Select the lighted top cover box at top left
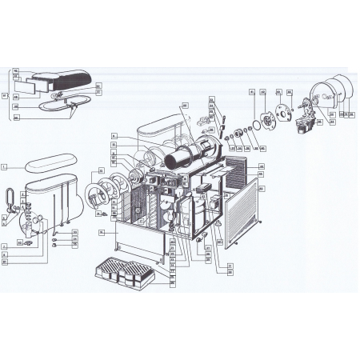(60, 80)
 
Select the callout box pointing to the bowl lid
(4, 168)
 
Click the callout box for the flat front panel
(102, 232)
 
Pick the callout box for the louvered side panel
(261, 189)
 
